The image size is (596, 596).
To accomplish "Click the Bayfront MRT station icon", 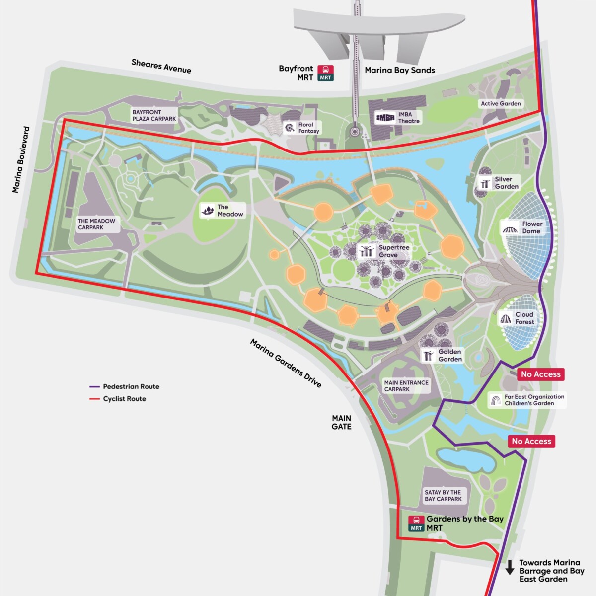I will point(326,73).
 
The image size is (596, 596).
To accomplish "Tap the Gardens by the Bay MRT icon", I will point(416,523).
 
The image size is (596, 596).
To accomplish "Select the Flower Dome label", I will point(532,227).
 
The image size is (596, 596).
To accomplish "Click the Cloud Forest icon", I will point(505,318).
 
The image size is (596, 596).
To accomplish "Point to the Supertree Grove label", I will point(394,251).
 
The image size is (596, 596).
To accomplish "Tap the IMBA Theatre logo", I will point(385,118).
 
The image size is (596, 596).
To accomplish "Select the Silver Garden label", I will point(506,183).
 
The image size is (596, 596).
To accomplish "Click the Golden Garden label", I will point(450,355).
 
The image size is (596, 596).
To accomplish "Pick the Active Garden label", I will point(501,104).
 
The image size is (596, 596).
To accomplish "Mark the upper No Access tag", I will point(540,374).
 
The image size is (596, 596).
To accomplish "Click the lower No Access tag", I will point(531,441).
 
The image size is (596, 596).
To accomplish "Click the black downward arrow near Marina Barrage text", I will point(509,567).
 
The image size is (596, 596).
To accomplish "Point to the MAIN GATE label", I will point(342,423).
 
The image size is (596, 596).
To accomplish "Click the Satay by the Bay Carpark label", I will point(443,496).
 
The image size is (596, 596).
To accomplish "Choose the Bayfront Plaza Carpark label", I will point(154,115).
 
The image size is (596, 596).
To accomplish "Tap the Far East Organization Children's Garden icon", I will point(495,400).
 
